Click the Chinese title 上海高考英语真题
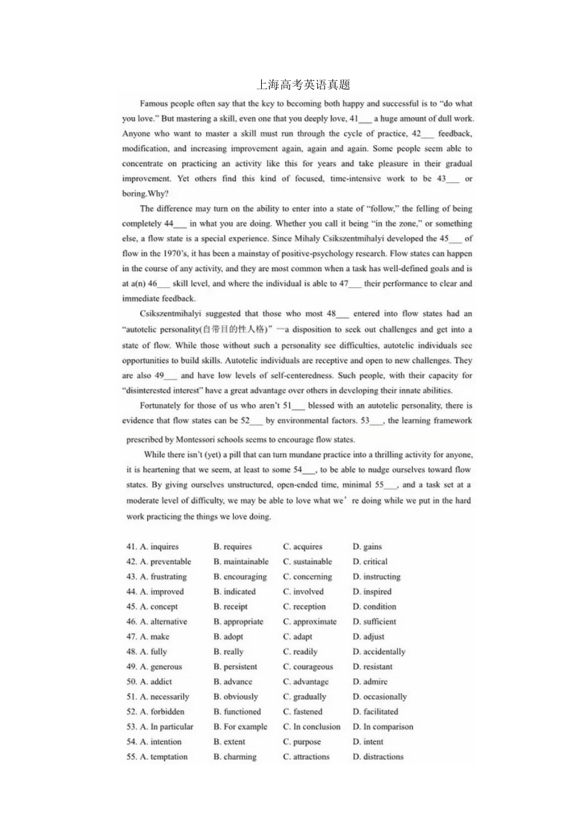coord(303,85)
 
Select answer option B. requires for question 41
coord(232,546)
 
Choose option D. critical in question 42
coord(370,562)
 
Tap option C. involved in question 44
coord(303,592)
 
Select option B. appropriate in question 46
coord(238,622)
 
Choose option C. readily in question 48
coord(300,652)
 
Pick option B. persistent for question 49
coord(235,667)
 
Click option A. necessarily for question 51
coord(164,697)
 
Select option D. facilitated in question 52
coord(375,711)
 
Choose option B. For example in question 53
coord(240,727)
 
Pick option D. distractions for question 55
coord(378,757)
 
